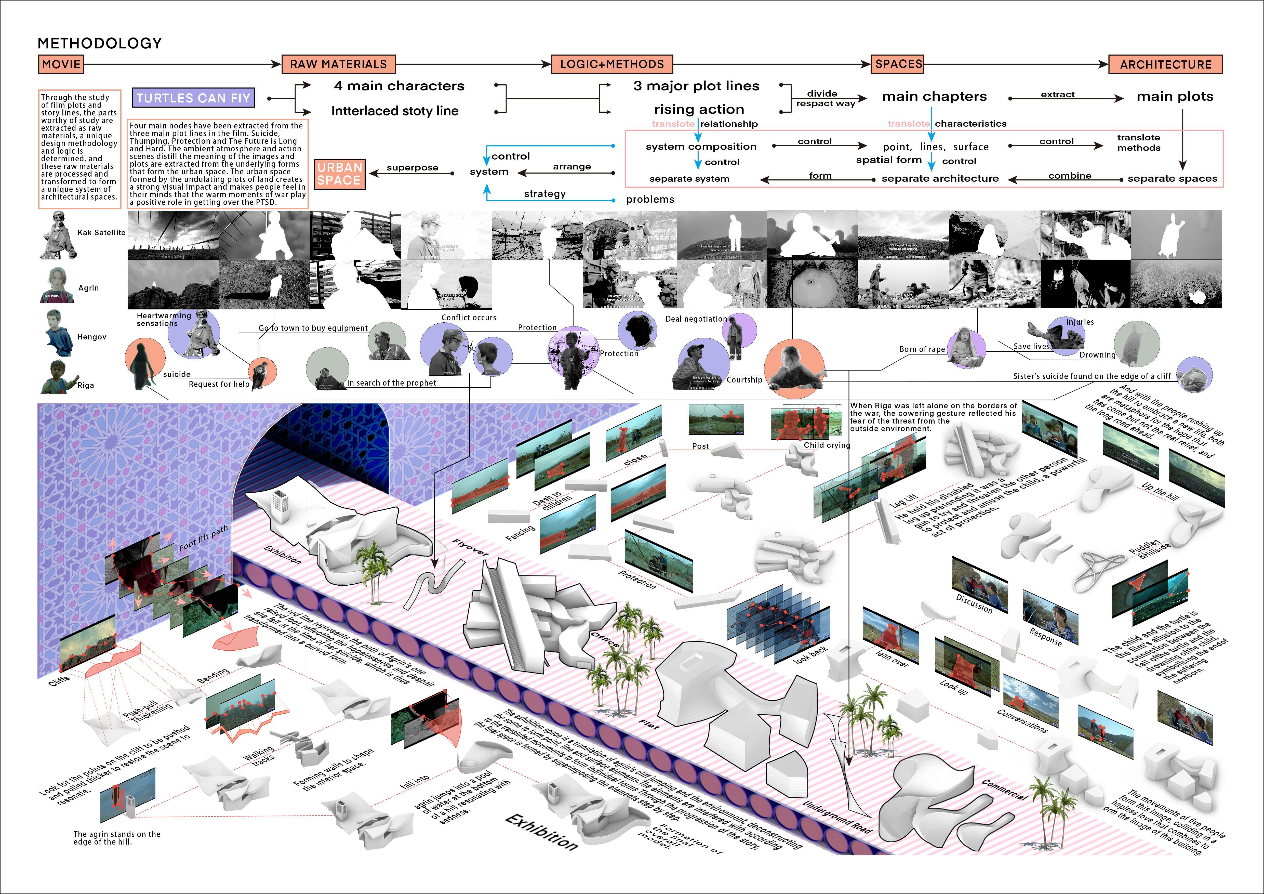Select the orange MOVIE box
61,64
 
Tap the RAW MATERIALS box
339,64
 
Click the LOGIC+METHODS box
612,64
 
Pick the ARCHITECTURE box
1165,64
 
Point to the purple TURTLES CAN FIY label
193,98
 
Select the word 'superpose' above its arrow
412,167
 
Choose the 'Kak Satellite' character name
101,232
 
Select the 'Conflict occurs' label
469,318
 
